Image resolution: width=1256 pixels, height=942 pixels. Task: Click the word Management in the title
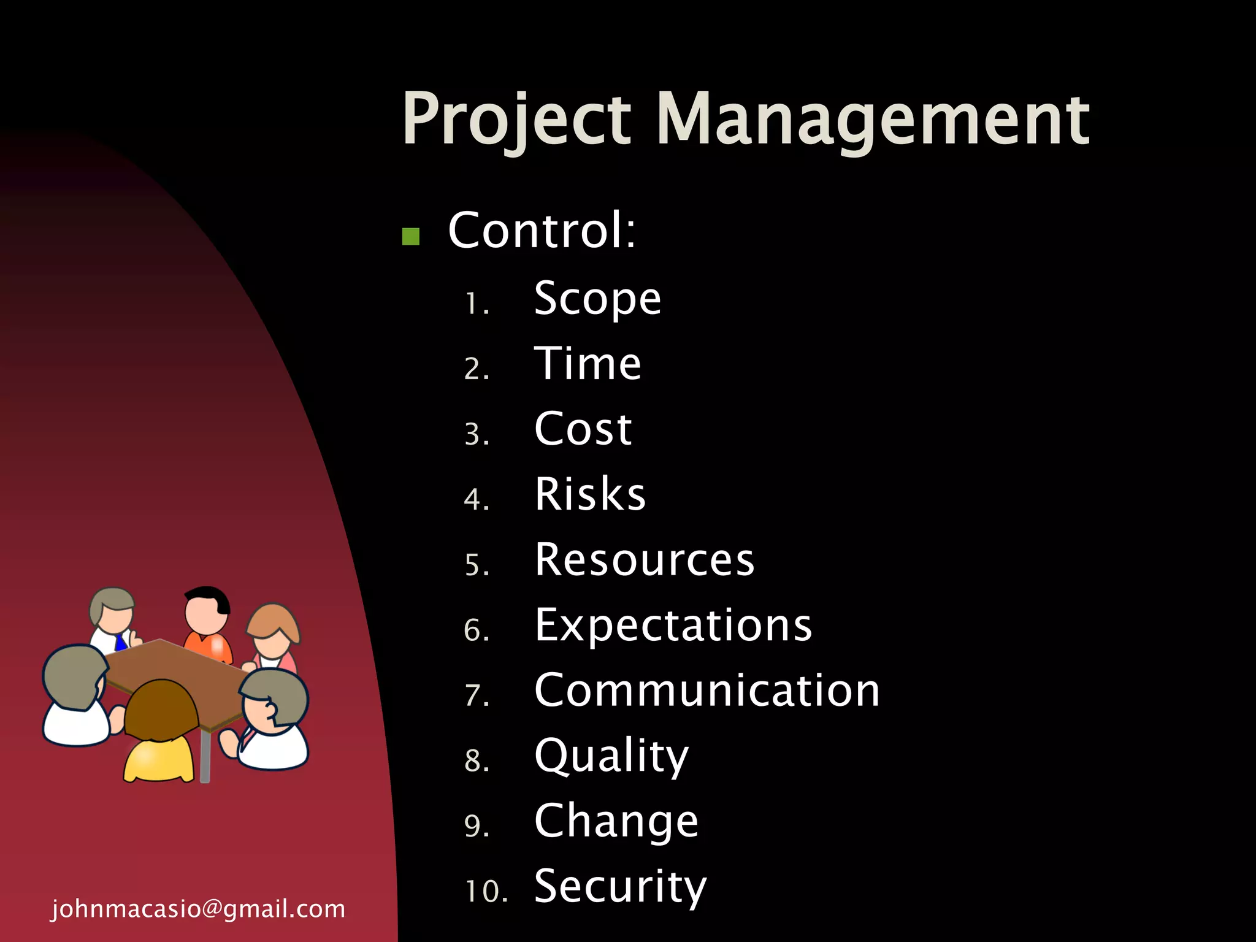click(873, 120)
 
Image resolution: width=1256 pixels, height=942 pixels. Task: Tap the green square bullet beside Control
click(410, 236)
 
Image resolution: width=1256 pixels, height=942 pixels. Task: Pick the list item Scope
click(597, 299)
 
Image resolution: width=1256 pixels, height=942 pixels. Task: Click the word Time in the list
click(588, 364)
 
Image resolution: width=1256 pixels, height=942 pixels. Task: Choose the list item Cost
click(583, 429)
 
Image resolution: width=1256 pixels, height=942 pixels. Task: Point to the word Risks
click(590, 494)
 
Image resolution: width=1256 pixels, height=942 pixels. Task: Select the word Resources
click(644, 559)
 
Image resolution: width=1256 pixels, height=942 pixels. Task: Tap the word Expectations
click(673, 625)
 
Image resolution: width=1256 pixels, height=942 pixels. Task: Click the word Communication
click(706, 691)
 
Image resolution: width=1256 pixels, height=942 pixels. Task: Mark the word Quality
click(611, 756)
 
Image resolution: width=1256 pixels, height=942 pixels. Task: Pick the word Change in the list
click(616, 821)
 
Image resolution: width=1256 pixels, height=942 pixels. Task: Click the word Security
click(620, 887)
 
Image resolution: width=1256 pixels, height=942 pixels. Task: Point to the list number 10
click(486, 891)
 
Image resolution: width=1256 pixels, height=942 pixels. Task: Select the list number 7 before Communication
click(477, 695)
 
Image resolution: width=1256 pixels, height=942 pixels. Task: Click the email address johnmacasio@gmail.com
click(198, 909)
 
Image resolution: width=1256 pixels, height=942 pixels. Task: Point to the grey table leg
click(205, 757)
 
